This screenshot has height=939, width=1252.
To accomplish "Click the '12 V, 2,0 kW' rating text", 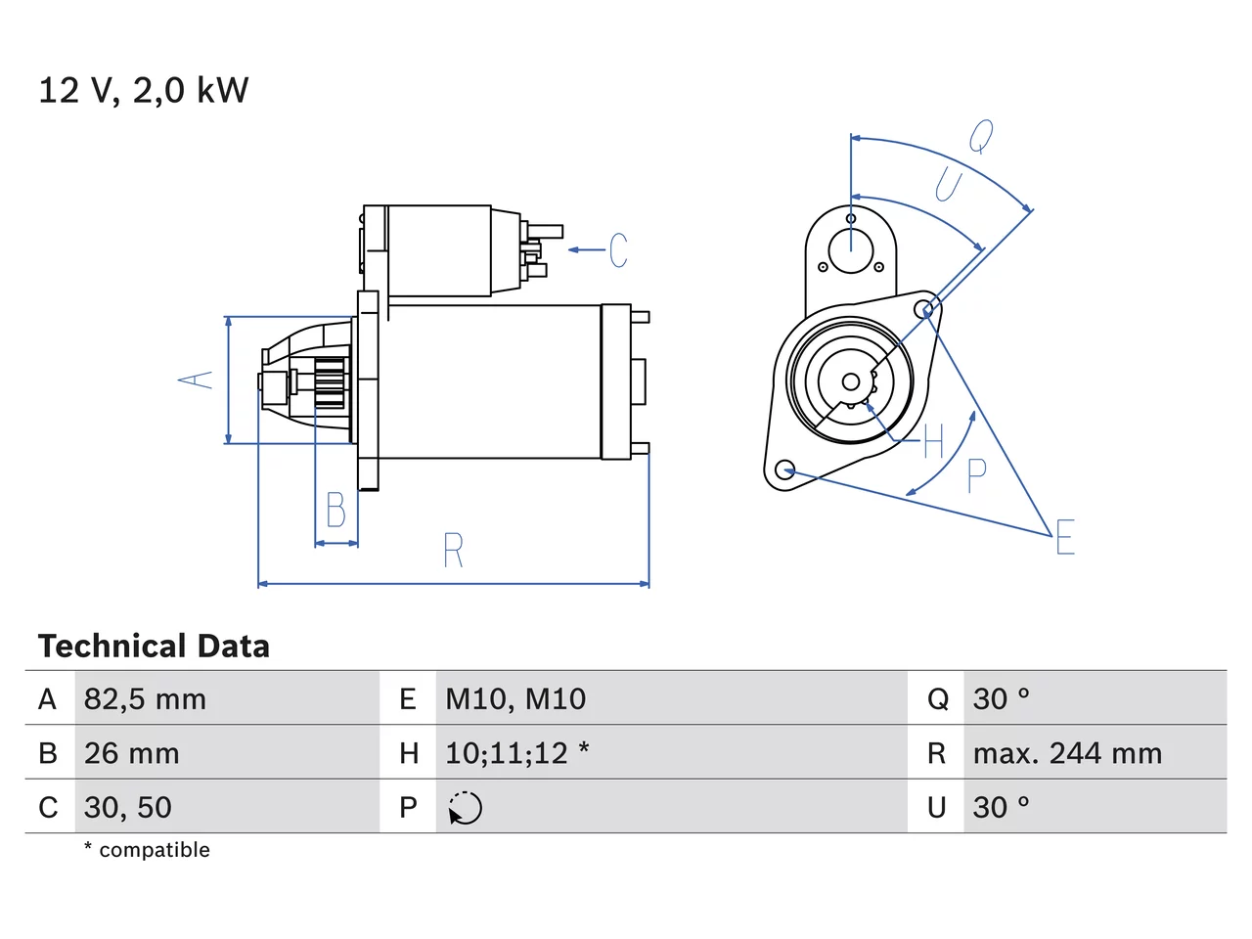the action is tap(143, 90).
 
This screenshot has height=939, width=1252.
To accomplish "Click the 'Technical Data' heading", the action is tap(154, 646).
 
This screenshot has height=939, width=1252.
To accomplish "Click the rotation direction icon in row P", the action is tap(465, 808).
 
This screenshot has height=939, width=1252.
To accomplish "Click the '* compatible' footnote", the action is tap(147, 849).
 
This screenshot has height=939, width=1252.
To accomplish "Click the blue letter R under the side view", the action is tap(454, 550).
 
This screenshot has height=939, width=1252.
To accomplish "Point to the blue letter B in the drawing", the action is tap(335, 510).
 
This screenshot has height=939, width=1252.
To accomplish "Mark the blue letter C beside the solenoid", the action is tap(618, 249).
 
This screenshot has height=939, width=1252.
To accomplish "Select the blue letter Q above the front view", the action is tap(981, 136).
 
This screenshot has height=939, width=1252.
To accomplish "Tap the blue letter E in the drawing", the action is tap(1065, 536).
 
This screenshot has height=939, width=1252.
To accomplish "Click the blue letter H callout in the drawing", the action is tap(934, 441).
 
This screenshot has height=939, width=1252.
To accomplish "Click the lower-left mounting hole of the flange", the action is tap(784, 470).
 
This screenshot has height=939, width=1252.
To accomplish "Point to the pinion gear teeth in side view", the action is tap(331, 382).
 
